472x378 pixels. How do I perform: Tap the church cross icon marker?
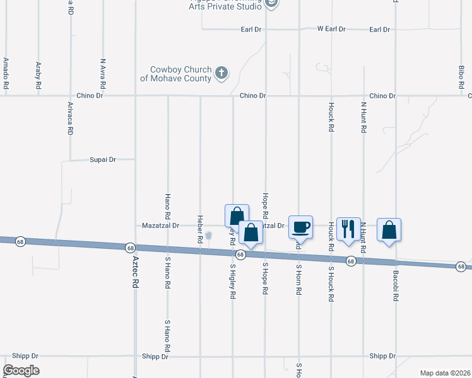[x=221, y=73]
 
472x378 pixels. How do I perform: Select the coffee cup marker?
[x=300, y=227]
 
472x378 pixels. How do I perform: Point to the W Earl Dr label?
[x=331, y=29]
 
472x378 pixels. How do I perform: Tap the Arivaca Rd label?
[x=70, y=118]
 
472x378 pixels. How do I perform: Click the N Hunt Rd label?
[x=364, y=117]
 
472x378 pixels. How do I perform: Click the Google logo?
[x=21, y=370]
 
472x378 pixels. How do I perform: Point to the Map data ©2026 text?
[x=445, y=373]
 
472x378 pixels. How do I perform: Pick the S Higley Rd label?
[x=233, y=280]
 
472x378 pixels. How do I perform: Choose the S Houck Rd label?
[x=331, y=283]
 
